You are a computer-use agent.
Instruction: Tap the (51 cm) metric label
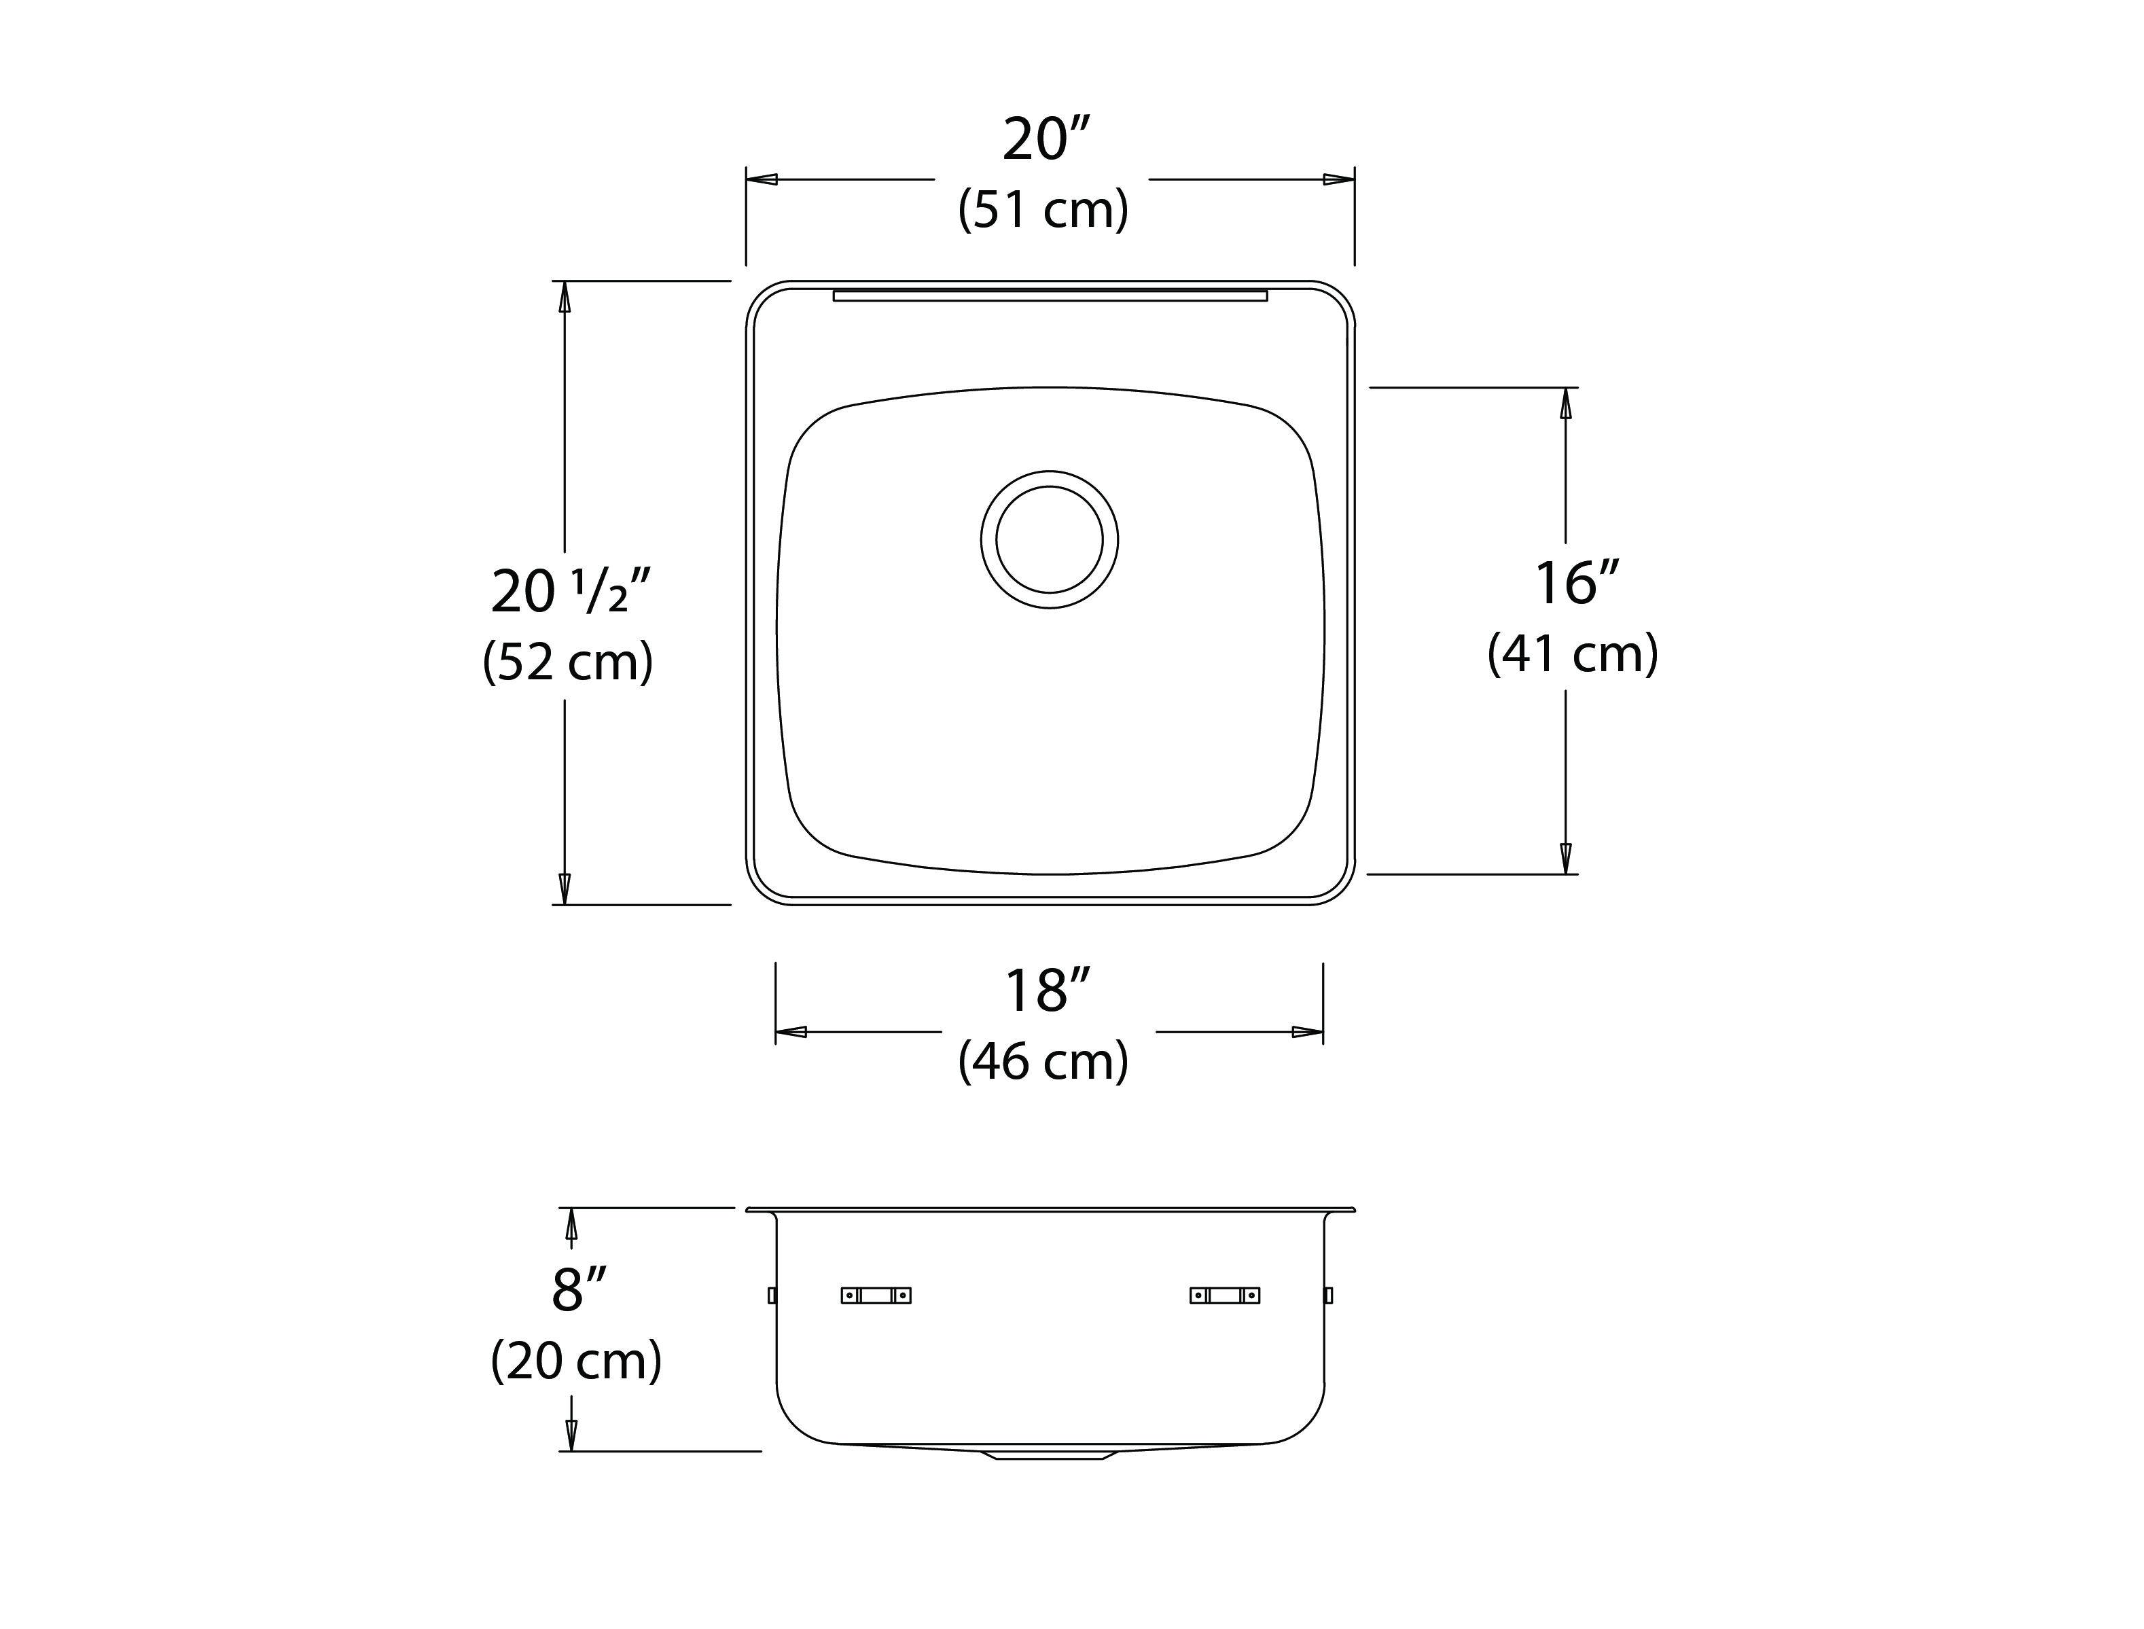pos(1043,209)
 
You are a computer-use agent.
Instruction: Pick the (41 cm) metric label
pos(1573,653)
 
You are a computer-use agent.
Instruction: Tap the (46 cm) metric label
pos(1043,1061)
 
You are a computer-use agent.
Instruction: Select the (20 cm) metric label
pos(577,1361)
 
